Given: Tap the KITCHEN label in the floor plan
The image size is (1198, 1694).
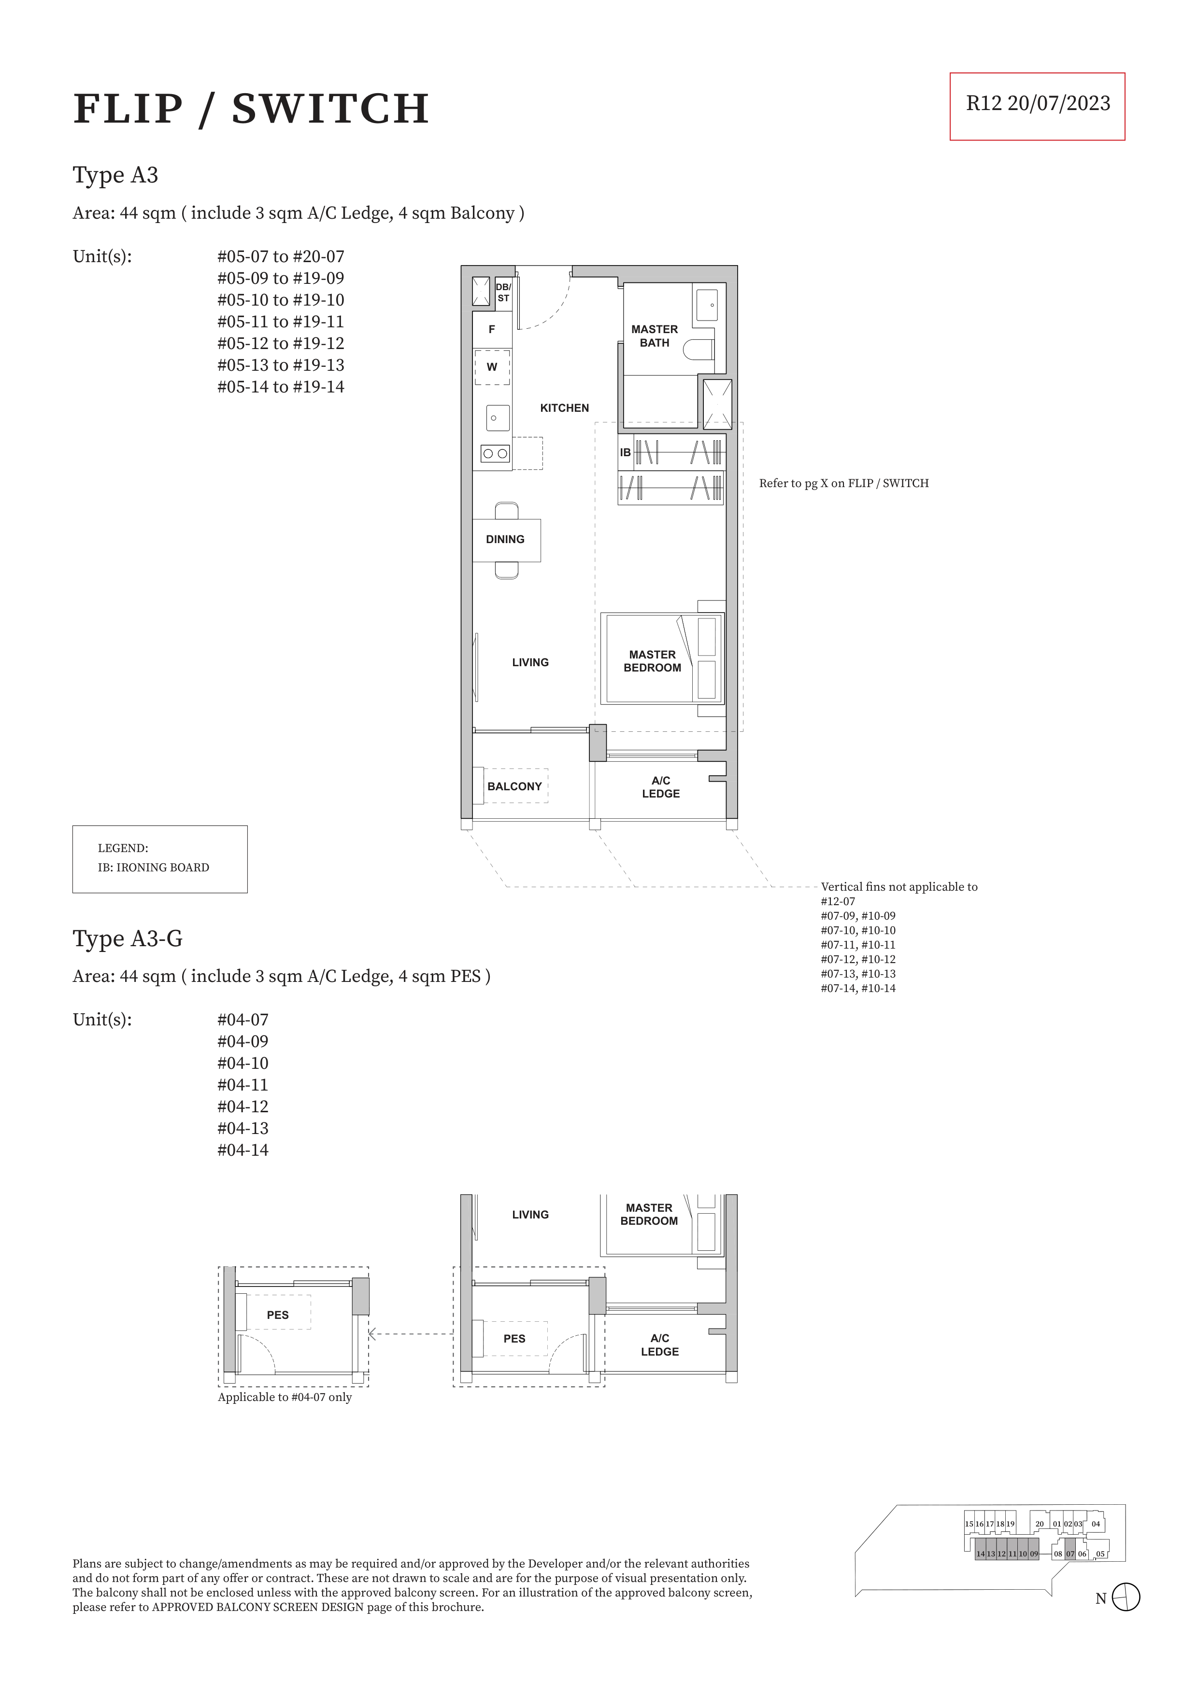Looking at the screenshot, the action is [x=565, y=408].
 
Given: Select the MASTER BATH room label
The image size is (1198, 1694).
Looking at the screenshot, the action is [x=655, y=336].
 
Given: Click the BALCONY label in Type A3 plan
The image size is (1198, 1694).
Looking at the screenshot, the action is [x=514, y=786].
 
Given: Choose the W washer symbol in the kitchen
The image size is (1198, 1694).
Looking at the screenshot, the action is [x=492, y=367].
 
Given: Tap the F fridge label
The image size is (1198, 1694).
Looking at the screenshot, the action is [x=492, y=330].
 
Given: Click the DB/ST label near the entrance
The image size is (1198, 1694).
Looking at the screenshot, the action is [x=503, y=292].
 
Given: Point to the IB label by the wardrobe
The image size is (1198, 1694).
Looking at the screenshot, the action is [x=625, y=452].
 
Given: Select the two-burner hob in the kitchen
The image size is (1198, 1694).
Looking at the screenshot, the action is [x=495, y=454].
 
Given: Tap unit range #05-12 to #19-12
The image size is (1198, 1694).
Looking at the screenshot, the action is [x=281, y=343].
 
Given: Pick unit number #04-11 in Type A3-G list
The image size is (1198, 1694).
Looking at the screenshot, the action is [x=243, y=1085].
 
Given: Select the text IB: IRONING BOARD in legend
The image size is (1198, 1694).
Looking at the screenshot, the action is [x=154, y=868].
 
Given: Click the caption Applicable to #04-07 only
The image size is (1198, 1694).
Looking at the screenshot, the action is [x=285, y=1398].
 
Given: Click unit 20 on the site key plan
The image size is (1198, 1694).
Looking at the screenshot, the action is [x=1039, y=1524].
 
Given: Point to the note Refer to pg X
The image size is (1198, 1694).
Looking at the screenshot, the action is [x=844, y=483].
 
